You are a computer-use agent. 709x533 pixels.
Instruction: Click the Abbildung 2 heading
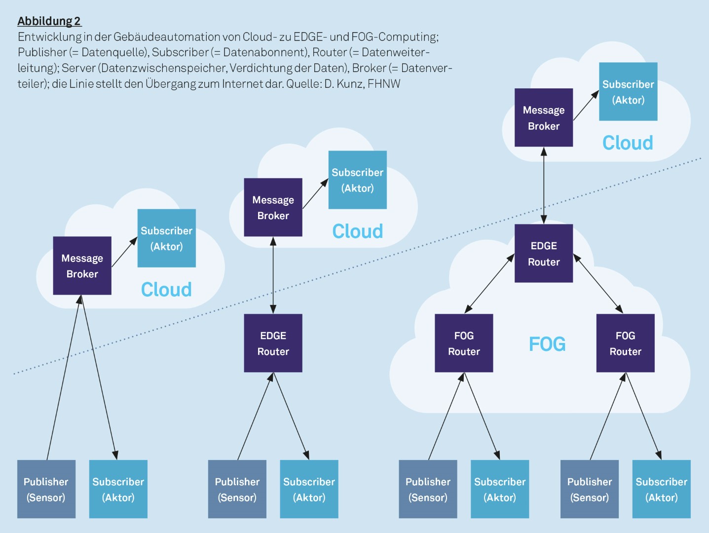(49, 21)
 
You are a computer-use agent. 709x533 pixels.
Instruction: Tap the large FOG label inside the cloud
(547, 344)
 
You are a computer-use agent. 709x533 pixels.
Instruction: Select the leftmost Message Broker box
(82, 266)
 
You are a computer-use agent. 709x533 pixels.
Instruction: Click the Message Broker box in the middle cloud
(273, 207)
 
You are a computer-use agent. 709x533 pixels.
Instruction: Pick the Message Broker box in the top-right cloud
(544, 117)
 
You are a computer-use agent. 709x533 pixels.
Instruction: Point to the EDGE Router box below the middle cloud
(273, 343)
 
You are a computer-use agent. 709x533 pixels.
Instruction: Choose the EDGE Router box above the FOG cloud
(544, 253)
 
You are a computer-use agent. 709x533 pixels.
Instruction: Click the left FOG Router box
(464, 343)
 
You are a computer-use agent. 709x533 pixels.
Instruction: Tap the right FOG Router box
(625, 343)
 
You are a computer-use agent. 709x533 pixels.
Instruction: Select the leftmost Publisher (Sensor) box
(46, 489)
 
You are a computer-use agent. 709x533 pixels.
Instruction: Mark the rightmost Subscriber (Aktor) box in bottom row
(661, 489)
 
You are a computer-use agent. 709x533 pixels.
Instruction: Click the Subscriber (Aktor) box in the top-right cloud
(628, 91)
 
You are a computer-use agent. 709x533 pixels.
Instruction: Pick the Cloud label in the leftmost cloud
(166, 290)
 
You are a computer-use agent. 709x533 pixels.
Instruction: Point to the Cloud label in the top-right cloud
(628, 143)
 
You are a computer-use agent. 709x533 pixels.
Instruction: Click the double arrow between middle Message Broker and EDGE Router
(273, 275)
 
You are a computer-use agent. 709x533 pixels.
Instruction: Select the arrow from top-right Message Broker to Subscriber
(586, 106)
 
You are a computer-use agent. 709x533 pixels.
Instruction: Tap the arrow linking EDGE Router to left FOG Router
(489, 284)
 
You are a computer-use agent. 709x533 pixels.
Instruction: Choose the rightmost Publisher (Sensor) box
(589, 489)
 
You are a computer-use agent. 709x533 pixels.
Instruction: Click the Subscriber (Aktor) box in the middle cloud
(358, 180)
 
